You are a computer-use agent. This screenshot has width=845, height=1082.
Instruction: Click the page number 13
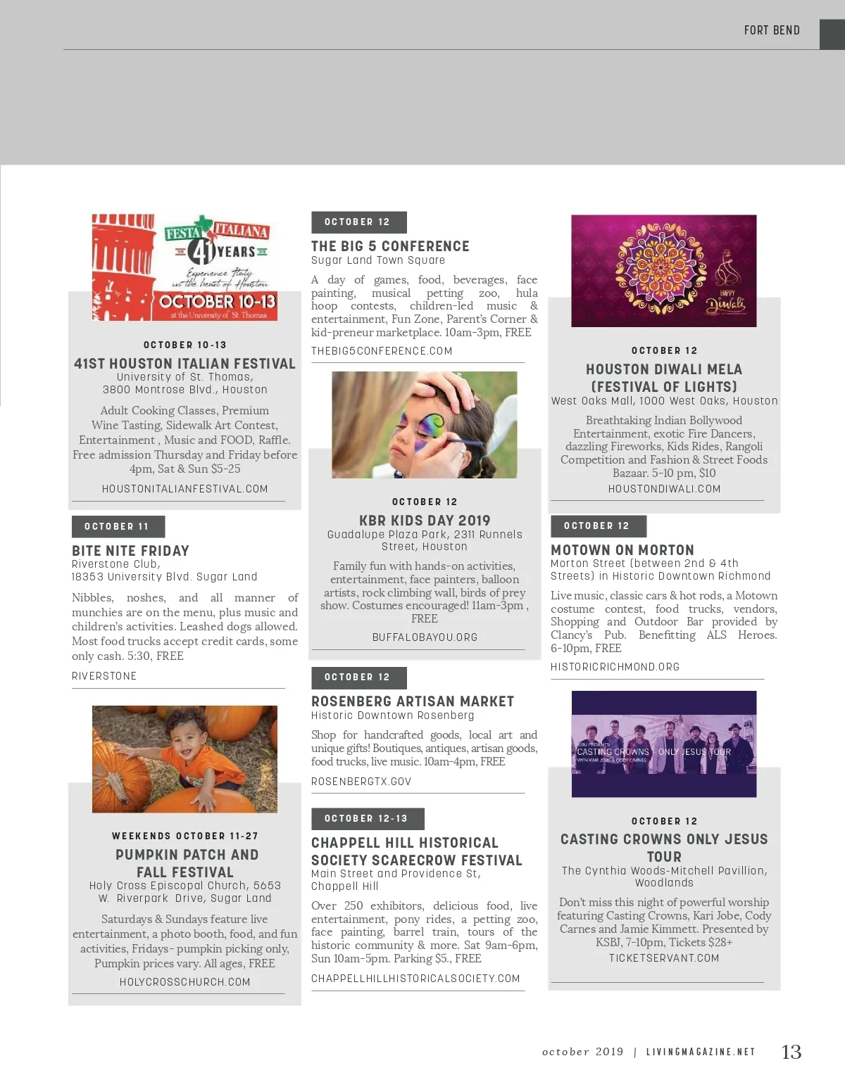[x=791, y=1052]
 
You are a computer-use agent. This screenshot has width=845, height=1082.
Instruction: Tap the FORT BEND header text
[x=772, y=30]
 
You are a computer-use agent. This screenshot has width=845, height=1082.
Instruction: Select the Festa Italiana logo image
[x=184, y=267]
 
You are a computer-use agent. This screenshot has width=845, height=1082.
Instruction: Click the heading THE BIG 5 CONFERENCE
[x=390, y=246]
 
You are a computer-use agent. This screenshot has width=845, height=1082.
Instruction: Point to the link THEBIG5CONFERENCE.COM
[x=382, y=351]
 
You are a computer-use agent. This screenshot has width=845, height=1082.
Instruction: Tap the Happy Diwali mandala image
[x=663, y=271]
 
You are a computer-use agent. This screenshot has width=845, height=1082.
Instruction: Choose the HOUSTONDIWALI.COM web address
[x=664, y=489]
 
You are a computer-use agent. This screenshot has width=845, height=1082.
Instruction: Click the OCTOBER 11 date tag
[x=117, y=526]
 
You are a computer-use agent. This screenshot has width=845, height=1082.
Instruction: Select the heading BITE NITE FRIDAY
[x=130, y=551]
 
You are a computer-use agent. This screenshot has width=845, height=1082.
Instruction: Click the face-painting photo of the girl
[x=424, y=425]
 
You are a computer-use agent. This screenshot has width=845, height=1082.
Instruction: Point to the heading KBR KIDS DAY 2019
[x=425, y=521]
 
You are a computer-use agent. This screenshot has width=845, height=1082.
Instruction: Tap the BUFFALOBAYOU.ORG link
[x=425, y=637]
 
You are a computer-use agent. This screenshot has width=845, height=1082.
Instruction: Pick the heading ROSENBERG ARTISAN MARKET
[x=413, y=701]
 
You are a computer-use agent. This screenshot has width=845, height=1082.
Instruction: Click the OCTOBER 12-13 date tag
[x=366, y=818]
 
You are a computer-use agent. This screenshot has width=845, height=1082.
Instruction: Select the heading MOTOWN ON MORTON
[x=622, y=550]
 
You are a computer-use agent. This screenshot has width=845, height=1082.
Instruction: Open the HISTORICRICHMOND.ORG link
[x=615, y=667]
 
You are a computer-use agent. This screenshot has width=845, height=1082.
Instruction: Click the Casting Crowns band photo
[x=663, y=744]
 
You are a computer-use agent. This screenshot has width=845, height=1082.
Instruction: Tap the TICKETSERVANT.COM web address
[x=664, y=958]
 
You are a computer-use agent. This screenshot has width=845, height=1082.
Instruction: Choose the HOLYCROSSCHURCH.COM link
[x=184, y=982]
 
